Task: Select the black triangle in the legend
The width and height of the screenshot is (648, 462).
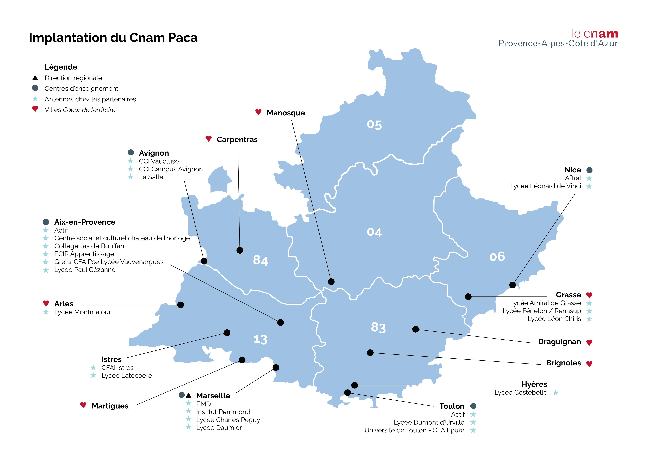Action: (x=35, y=78)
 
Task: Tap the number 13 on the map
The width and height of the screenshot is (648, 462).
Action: (x=260, y=339)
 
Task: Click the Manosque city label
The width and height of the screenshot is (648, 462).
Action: (x=286, y=113)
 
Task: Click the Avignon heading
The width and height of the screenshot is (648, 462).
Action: (x=154, y=153)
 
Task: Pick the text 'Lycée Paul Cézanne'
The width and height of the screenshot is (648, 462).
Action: (x=85, y=270)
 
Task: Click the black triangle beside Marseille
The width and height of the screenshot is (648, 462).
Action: (x=189, y=395)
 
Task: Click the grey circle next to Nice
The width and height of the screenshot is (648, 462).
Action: (x=589, y=170)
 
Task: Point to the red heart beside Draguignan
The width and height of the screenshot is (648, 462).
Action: (x=589, y=342)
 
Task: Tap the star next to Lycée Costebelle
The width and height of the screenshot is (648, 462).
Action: (x=555, y=393)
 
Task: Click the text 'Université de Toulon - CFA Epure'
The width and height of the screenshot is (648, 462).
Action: (x=414, y=430)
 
